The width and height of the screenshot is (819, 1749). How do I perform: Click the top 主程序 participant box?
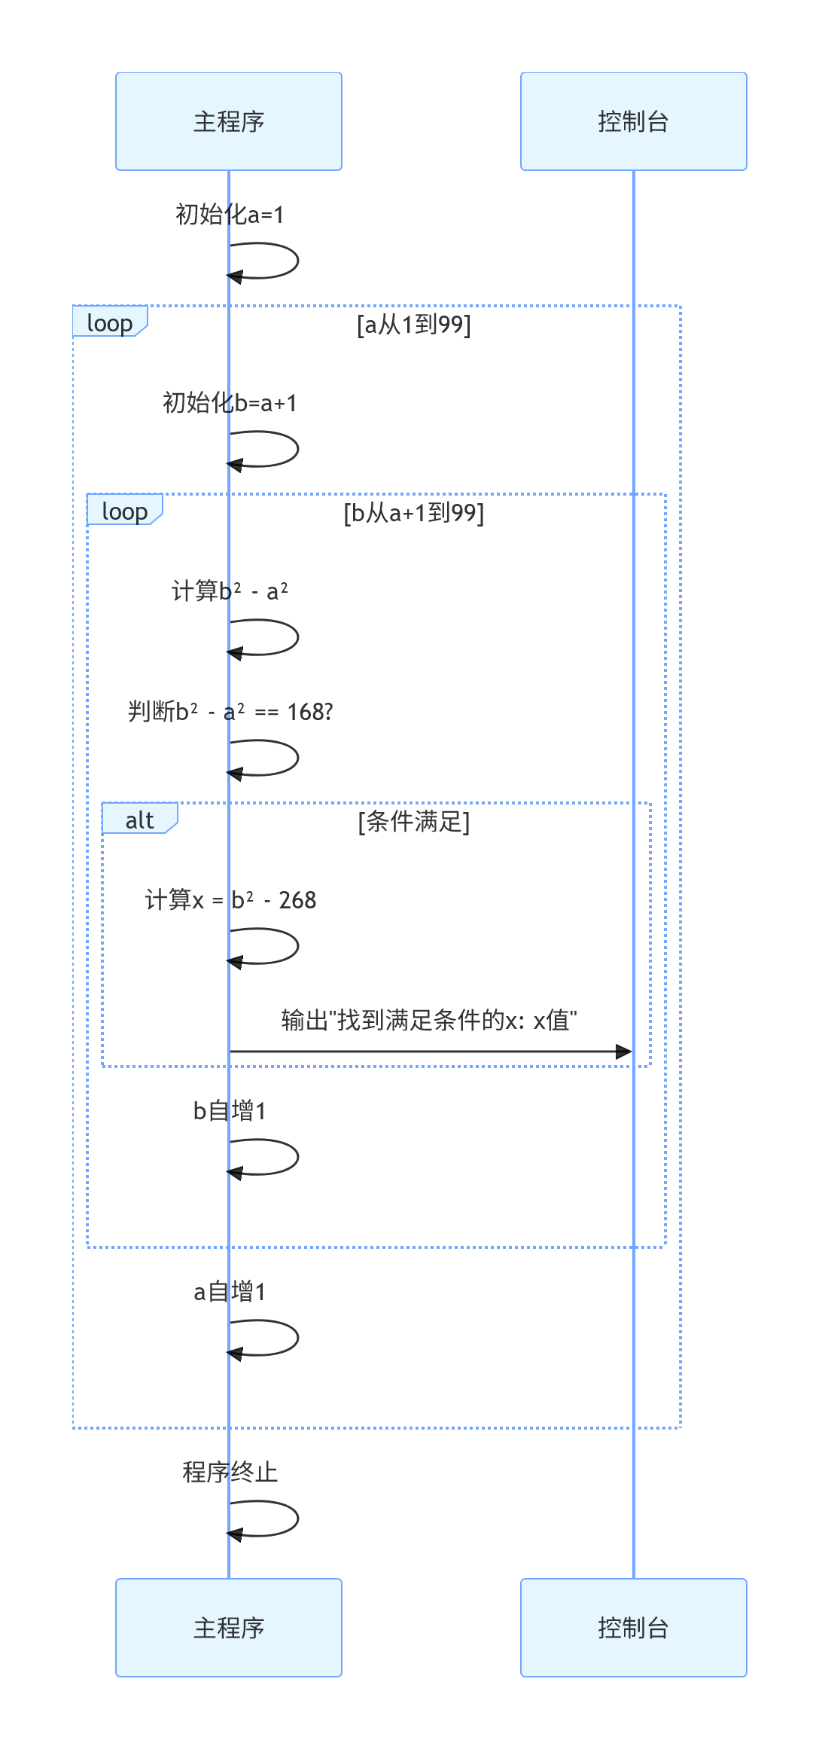point(229,121)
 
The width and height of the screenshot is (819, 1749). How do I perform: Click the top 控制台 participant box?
point(633,121)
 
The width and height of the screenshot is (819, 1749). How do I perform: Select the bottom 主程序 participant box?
point(229,1628)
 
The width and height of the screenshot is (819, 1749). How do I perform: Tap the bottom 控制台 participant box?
point(633,1628)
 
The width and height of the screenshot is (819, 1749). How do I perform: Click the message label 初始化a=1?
point(230,215)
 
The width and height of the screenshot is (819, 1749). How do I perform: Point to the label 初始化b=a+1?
point(230,403)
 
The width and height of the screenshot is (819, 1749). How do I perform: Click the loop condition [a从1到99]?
point(414,325)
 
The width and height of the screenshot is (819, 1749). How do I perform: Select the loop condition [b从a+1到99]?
point(414,513)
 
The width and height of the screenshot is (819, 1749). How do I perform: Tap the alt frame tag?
point(139,820)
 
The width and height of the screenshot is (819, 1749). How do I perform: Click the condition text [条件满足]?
point(414,822)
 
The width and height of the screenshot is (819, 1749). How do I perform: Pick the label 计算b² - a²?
point(230,591)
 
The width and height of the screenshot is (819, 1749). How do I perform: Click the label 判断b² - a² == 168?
point(230,712)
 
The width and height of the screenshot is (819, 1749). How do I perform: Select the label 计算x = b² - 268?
point(230,900)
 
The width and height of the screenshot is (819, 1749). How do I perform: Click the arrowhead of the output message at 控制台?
point(624,1052)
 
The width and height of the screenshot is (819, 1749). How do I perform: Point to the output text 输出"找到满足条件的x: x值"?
point(429,1021)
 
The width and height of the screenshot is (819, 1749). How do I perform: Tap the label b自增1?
point(230,1111)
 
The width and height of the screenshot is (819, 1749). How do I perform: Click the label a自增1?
point(230,1292)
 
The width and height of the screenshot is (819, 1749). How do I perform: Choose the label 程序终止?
point(230,1473)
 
